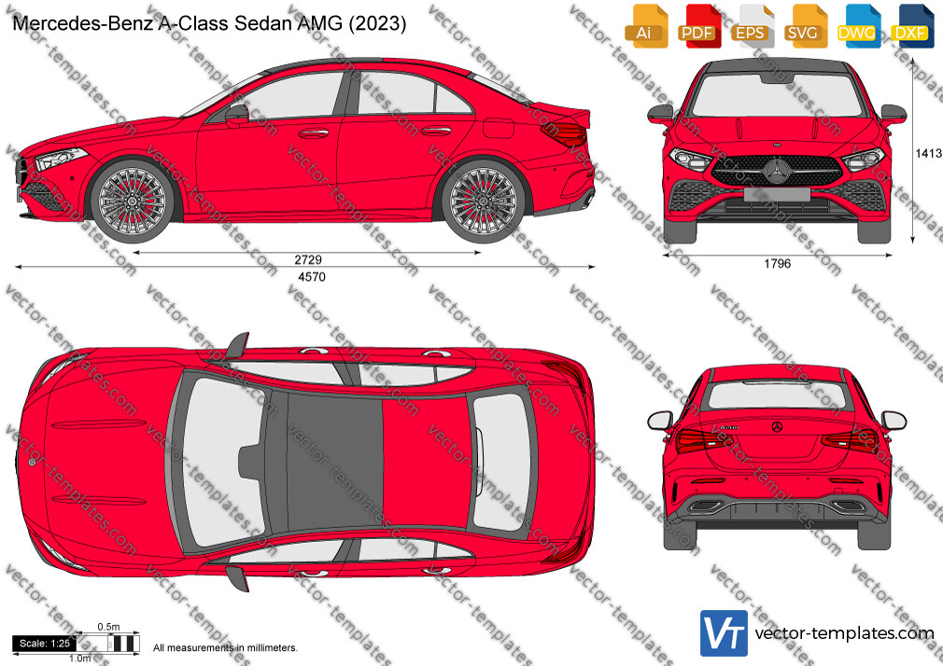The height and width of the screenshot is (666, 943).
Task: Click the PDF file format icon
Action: tap(700, 26)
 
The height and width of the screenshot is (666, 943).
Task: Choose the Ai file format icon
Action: tap(646, 26)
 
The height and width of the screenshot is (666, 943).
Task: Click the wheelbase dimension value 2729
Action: tap(308, 259)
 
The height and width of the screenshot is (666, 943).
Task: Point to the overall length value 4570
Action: tap(312, 276)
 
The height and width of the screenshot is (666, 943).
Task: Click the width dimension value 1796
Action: tap(777, 263)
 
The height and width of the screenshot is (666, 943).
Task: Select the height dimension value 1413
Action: tap(928, 153)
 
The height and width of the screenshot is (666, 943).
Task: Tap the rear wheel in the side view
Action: tap(483, 201)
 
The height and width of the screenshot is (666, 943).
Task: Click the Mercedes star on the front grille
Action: tap(777, 171)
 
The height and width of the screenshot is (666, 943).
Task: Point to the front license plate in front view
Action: tap(777, 193)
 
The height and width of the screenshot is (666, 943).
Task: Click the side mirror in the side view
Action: tap(237, 114)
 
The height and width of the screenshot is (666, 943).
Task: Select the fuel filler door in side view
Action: tap(499, 128)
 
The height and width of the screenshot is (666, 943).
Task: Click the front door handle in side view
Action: tap(314, 132)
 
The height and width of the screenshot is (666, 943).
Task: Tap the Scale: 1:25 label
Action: tap(45, 644)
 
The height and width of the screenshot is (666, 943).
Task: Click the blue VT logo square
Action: tap(724, 633)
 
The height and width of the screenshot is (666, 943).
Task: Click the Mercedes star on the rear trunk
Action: tap(777, 427)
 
